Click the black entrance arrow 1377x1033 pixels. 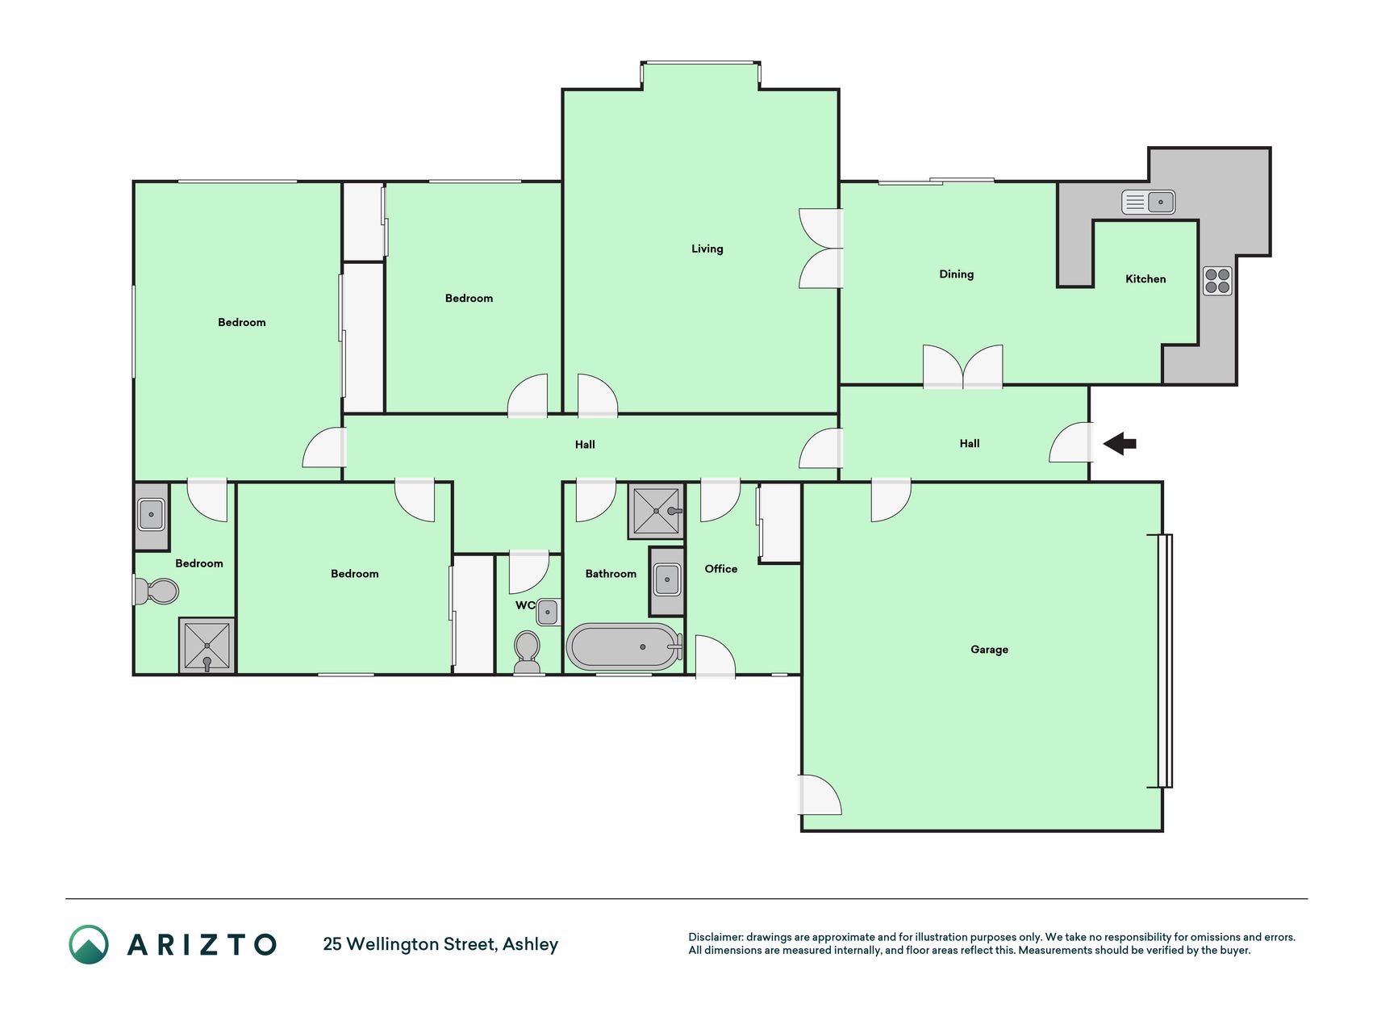pyautogui.click(x=1120, y=443)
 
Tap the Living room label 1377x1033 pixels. pyautogui.click(x=707, y=249)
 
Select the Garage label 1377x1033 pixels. pyautogui.click(x=989, y=650)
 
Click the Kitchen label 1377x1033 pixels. pyautogui.click(x=1145, y=279)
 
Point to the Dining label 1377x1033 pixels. pyautogui.click(x=956, y=274)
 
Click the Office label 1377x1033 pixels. pyautogui.click(x=720, y=569)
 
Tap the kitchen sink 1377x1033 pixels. pyautogui.click(x=1148, y=202)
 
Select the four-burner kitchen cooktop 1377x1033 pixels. pyautogui.click(x=1217, y=281)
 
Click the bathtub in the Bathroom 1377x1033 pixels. pyautogui.click(x=624, y=646)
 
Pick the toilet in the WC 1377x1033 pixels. pyautogui.click(x=527, y=652)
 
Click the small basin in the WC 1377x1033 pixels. pyautogui.click(x=547, y=612)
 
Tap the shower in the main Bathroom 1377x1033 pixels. pyautogui.click(x=656, y=511)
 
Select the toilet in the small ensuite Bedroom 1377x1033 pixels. pyautogui.click(x=156, y=591)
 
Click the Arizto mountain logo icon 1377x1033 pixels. pyautogui.click(x=89, y=944)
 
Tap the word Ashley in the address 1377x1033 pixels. pyautogui.click(x=530, y=945)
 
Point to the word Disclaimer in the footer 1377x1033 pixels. pyautogui.click(x=715, y=937)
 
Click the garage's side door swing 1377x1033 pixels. pyautogui.click(x=820, y=794)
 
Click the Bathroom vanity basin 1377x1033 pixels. pyautogui.click(x=666, y=579)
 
